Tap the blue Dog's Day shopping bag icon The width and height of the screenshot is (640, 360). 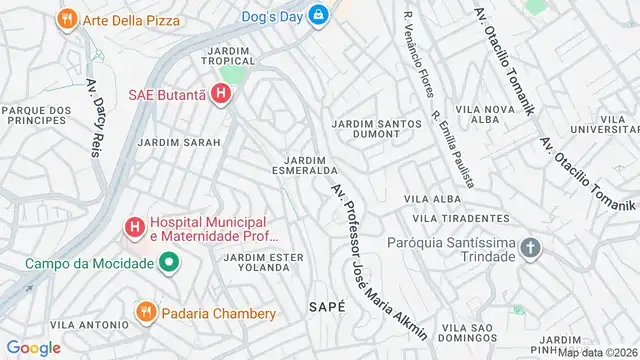click(x=318, y=15)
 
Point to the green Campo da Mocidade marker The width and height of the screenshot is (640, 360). click(x=169, y=264)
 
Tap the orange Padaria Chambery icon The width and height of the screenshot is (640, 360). click(x=145, y=313)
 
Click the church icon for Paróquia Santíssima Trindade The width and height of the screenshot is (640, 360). click(x=531, y=248)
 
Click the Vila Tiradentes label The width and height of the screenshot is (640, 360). click(x=461, y=218)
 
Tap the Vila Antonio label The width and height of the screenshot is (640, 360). click(x=89, y=325)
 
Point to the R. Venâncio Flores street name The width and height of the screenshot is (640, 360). click(x=417, y=55)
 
